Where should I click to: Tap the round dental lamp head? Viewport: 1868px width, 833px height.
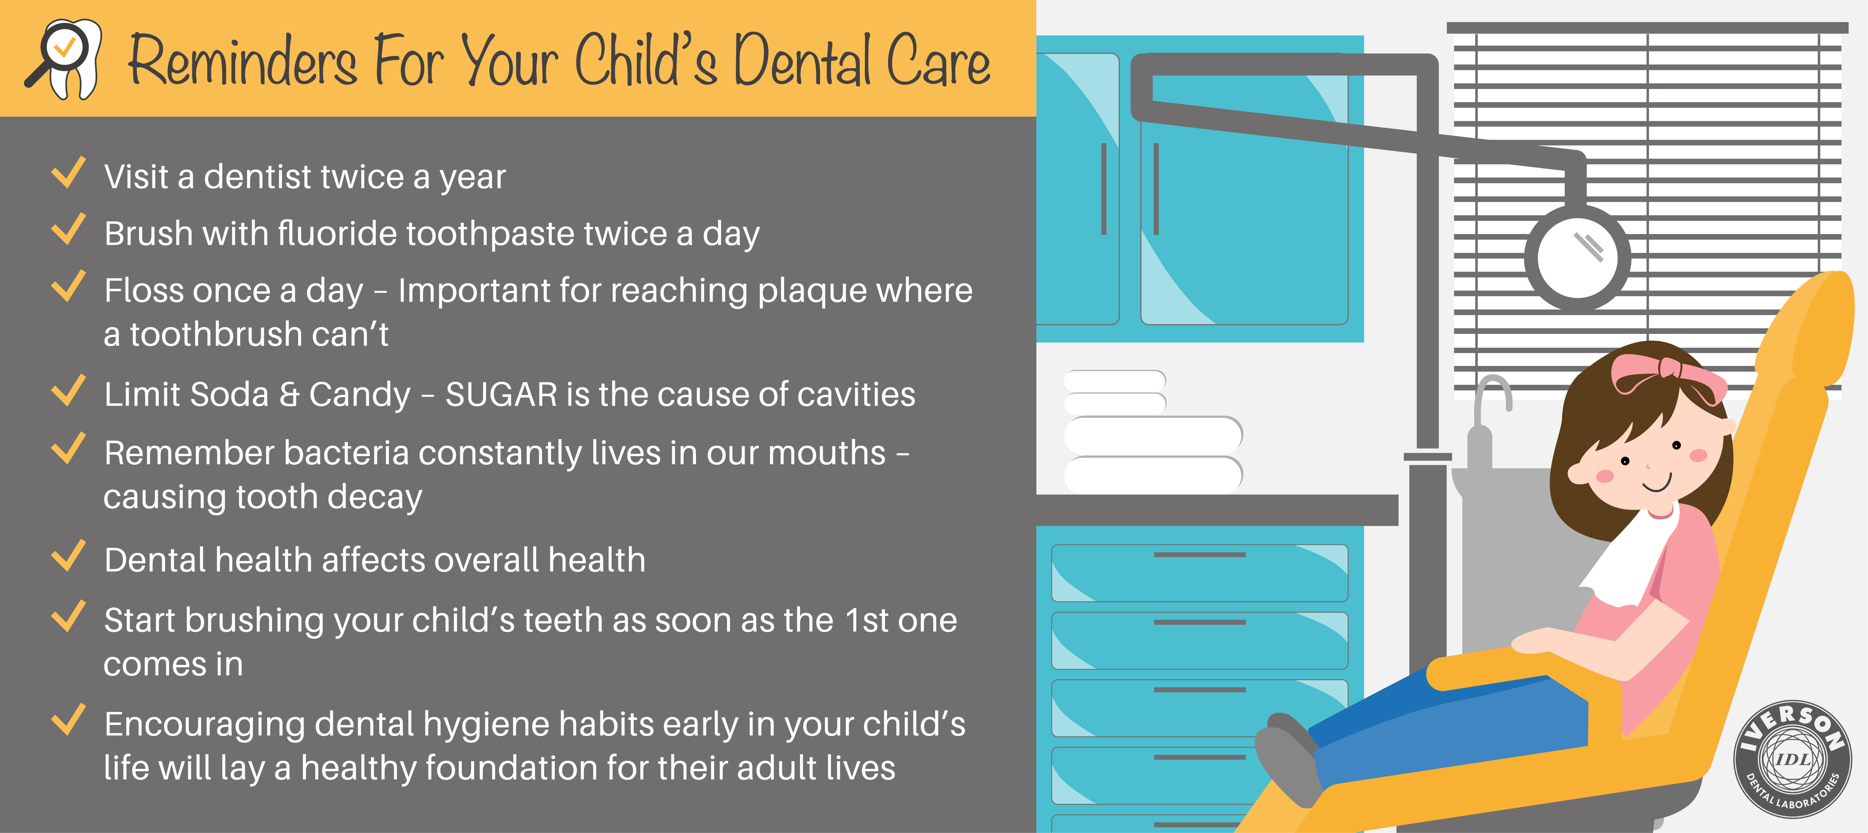point(1577,258)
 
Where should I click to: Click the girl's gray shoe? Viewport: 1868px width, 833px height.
point(1287,758)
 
